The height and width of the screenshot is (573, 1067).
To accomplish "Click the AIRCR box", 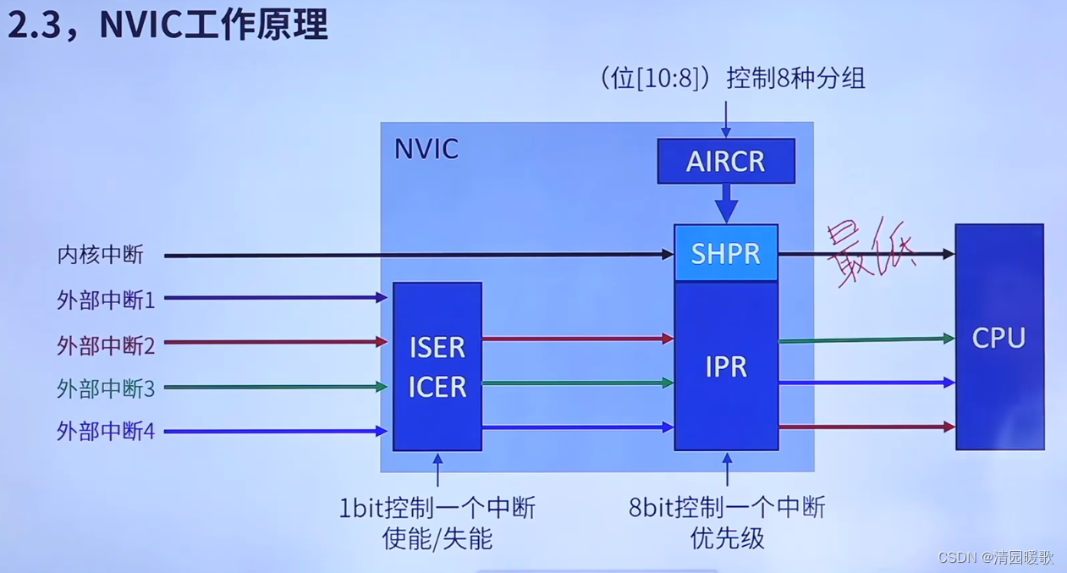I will (x=726, y=161).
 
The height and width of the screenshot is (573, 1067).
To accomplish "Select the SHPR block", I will (x=726, y=253).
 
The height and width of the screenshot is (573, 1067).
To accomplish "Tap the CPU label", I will (x=998, y=338).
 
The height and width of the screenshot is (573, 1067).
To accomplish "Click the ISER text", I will (x=437, y=347).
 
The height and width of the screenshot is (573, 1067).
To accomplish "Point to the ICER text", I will (x=437, y=387).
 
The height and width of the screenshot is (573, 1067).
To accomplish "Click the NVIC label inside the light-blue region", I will (x=426, y=149).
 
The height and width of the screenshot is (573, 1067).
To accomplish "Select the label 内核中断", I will (x=101, y=255).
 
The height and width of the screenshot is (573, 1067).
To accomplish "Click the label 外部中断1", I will (x=106, y=300).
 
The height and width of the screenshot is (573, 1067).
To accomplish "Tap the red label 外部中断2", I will (x=106, y=344).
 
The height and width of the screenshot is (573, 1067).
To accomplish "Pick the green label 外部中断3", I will (x=106, y=388).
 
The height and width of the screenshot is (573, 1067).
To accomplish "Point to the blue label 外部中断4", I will (x=106, y=432).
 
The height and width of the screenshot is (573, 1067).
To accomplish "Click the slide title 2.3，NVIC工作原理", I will (x=167, y=25).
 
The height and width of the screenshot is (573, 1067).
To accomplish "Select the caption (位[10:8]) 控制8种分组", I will (x=733, y=79).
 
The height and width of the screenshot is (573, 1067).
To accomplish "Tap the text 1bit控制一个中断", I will (x=437, y=508).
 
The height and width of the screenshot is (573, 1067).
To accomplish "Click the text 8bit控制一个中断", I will (x=727, y=508).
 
